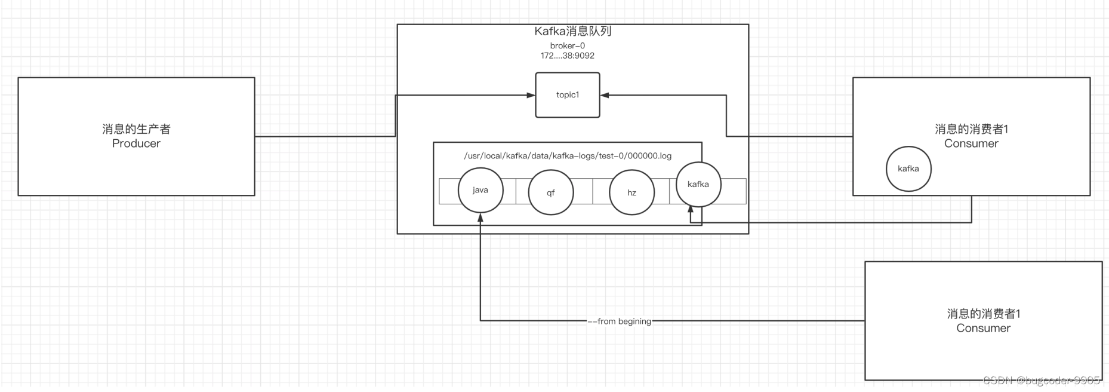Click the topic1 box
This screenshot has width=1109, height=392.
pos(567,95)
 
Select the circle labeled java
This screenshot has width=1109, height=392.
pos(480,190)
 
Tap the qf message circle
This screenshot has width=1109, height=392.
pos(551,192)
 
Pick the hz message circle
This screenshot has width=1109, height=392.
pos(631,192)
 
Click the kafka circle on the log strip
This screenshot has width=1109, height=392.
pos(698,184)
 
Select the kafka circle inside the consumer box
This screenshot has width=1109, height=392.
pos(908,169)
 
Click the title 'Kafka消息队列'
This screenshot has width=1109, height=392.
pos(572,31)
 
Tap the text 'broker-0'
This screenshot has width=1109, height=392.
pos(567,45)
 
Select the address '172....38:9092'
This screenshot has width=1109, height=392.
pos(567,56)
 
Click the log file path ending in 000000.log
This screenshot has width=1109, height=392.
pos(568,156)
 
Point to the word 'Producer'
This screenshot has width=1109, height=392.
pos(136,143)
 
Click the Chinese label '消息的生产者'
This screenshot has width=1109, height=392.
pos(136,129)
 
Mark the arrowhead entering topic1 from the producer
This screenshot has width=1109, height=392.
pos(531,95)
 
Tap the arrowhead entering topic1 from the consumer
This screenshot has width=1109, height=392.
pos(605,95)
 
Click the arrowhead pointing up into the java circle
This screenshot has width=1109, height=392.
pos(480,218)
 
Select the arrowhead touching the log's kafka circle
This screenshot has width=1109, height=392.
pos(691,210)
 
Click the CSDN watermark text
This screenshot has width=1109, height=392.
pos(1041,381)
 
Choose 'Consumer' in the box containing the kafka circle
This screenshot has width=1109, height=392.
pos(971,143)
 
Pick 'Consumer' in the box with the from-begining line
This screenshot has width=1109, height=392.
pos(983,328)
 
